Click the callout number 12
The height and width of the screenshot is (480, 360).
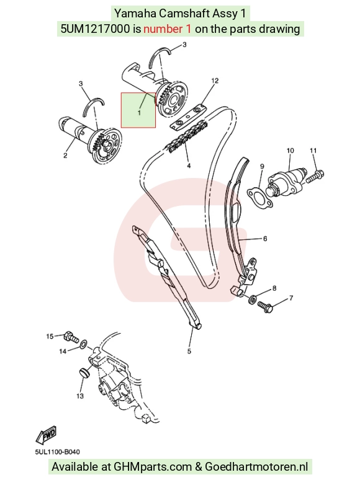(x=215, y=81)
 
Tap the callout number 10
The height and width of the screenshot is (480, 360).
(x=290, y=150)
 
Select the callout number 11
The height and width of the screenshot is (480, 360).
(x=313, y=150)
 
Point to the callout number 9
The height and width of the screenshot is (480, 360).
(x=262, y=166)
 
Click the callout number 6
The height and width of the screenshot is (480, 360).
(x=265, y=239)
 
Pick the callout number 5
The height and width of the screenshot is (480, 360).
(x=189, y=351)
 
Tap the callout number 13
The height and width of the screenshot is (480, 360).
(x=80, y=396)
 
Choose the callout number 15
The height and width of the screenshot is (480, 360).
(x=50, y=336)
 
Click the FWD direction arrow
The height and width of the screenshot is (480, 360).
(x=46, y=435)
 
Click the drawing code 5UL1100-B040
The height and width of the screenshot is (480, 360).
(x=57, y=452)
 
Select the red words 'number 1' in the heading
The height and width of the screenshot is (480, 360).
(x=168, y=29)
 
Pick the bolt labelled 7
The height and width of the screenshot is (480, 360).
(x=265, y=307)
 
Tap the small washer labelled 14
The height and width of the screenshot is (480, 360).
(x=83, y=345)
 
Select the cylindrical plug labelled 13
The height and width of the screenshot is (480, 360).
(x=84, y=373)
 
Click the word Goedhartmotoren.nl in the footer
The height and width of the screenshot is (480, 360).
(x=256, y=467)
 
